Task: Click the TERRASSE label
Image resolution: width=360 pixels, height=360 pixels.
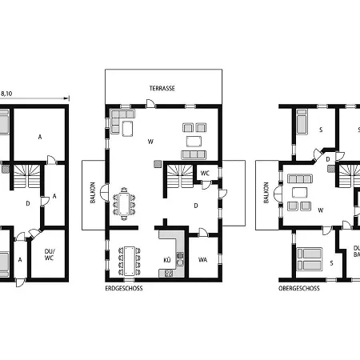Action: [x=162, y=88]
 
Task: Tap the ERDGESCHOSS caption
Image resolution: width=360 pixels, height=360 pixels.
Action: [x=124, y=288]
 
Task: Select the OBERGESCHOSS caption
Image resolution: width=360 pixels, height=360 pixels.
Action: [x=299, y=288]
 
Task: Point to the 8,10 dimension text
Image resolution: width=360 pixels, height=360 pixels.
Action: [x=6, y=94]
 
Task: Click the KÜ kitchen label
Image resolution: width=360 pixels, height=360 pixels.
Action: [x=167, y=260]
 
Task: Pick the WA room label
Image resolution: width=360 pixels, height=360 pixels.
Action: [x=202, y=260]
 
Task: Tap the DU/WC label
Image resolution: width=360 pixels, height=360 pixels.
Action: [x=49, y=254]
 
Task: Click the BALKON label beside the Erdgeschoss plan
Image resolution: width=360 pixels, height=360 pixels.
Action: [x=93, y=193]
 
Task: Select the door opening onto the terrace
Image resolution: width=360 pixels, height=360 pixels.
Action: [x=150, y=104]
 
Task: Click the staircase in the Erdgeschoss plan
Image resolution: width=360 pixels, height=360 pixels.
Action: [x=180, y=176]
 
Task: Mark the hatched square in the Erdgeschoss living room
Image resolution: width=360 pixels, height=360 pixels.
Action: [x=158, y=164]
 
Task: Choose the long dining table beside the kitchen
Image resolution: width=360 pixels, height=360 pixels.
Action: [x=130, y=261]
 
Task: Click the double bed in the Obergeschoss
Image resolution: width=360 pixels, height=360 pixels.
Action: [x=310, y=259]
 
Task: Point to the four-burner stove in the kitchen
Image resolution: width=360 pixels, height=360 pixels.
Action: [x=169, y=273]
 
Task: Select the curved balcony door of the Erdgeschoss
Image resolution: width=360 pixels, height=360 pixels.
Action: [x=104, y=193]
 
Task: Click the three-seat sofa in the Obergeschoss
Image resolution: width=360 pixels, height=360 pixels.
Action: [x=300, y=178]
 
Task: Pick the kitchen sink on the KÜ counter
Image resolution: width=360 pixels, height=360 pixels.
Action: [x=180, y=259]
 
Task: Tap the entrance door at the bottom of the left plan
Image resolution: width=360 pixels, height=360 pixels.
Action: [x=21, y=282]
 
